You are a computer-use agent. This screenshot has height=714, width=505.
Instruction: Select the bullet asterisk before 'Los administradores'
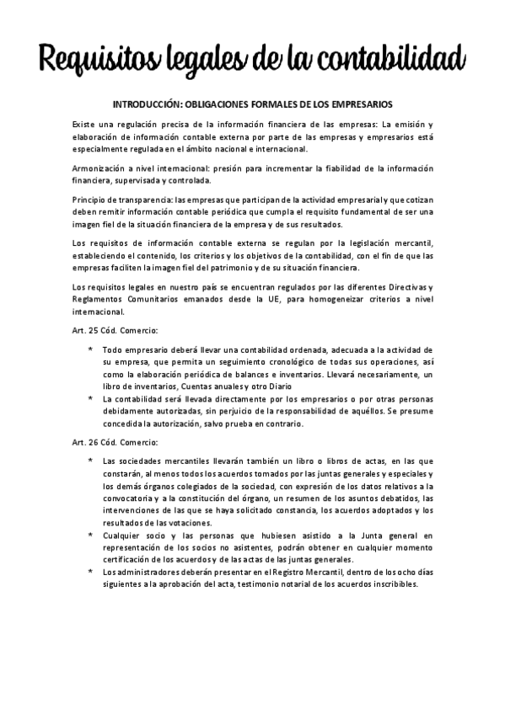click(x=90, y=572)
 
